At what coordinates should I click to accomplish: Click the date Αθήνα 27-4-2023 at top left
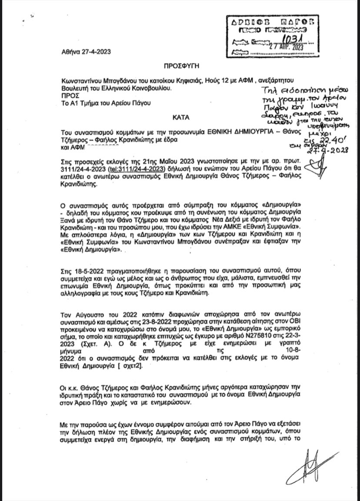click(86, 51)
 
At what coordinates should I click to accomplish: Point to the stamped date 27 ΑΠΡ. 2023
click(286, 47)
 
